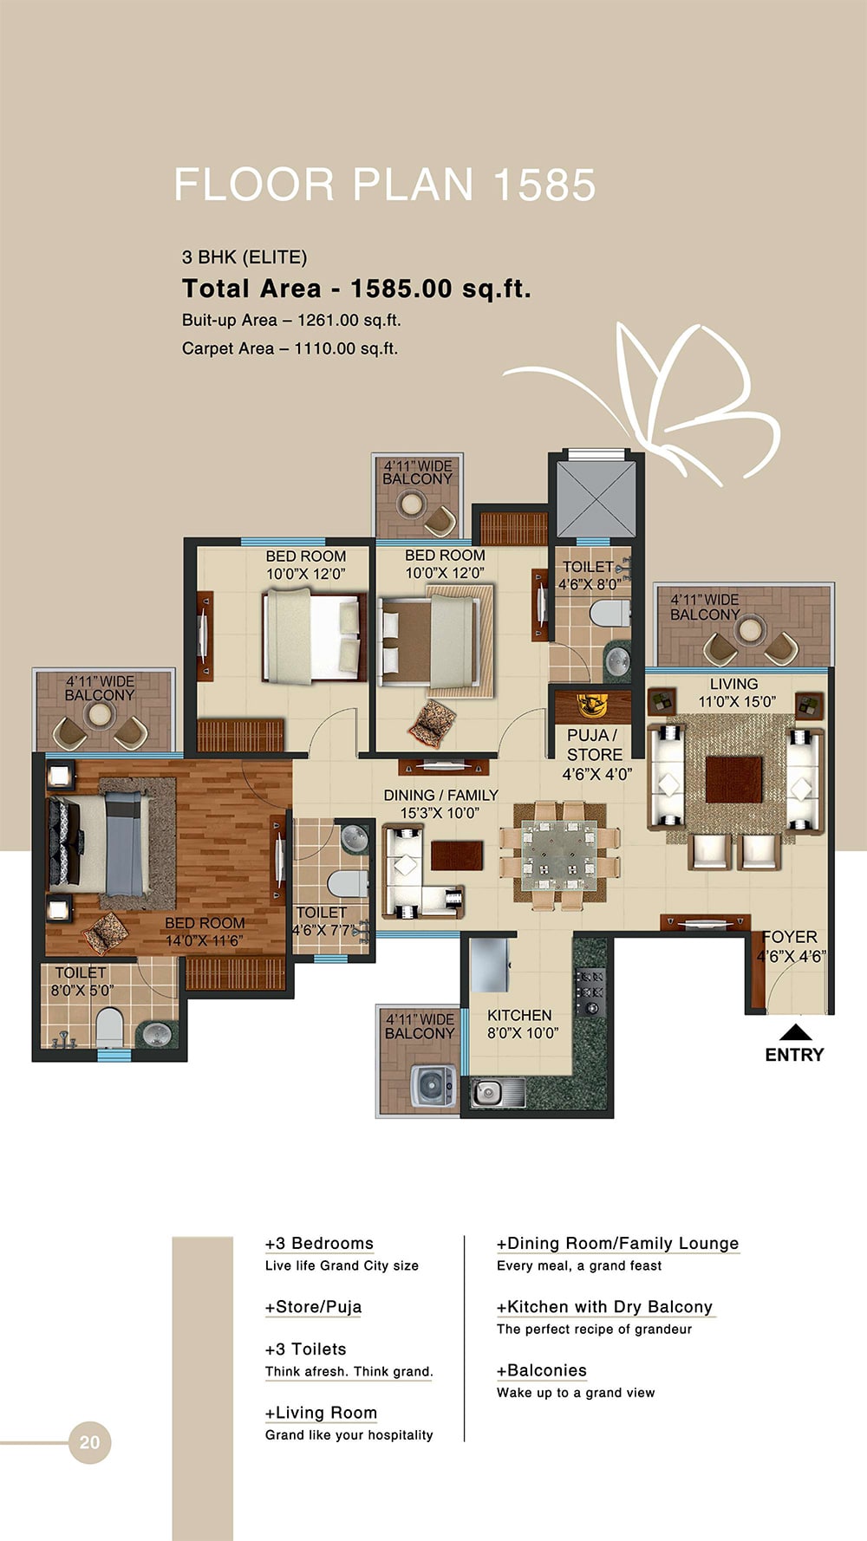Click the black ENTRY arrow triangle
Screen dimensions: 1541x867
(795, 1031)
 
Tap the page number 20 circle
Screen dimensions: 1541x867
(89, 1442)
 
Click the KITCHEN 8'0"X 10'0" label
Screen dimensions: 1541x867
(521, 1024)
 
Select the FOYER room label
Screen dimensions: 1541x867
(790, 937)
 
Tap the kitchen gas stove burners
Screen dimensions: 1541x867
(590, 991)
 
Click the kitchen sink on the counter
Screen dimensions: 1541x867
(496, 1092)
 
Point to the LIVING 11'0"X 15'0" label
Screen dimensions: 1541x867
(735, 692)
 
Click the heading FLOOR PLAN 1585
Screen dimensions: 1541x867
(385, 185)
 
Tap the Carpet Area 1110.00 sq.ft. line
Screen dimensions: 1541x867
(290, 348)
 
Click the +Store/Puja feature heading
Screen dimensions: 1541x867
(313, 1307)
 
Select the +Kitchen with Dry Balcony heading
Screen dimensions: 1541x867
(604, 1307)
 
